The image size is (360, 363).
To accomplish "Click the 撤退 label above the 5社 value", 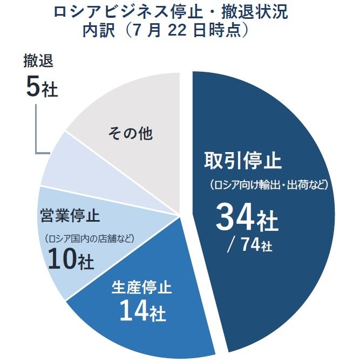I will pyautogui.click(x=38, y=61).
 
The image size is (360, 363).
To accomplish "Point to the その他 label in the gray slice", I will pyautogui.click(x=130, y=133).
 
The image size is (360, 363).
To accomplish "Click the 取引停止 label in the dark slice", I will pyautogui.click(x=243, y=161).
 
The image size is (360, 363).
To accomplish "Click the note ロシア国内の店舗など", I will pyautogui.click(x=89, y=238).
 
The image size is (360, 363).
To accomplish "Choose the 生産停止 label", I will pyautogui.click(x=141, y=286).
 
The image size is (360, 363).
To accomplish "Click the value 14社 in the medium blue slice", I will pyautogui.click(x=142, y=311).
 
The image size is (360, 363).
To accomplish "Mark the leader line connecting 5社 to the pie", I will pyautogui.click(x=36, y=129).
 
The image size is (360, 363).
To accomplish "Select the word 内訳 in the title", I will pyautogui.click(x=98, y=30).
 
